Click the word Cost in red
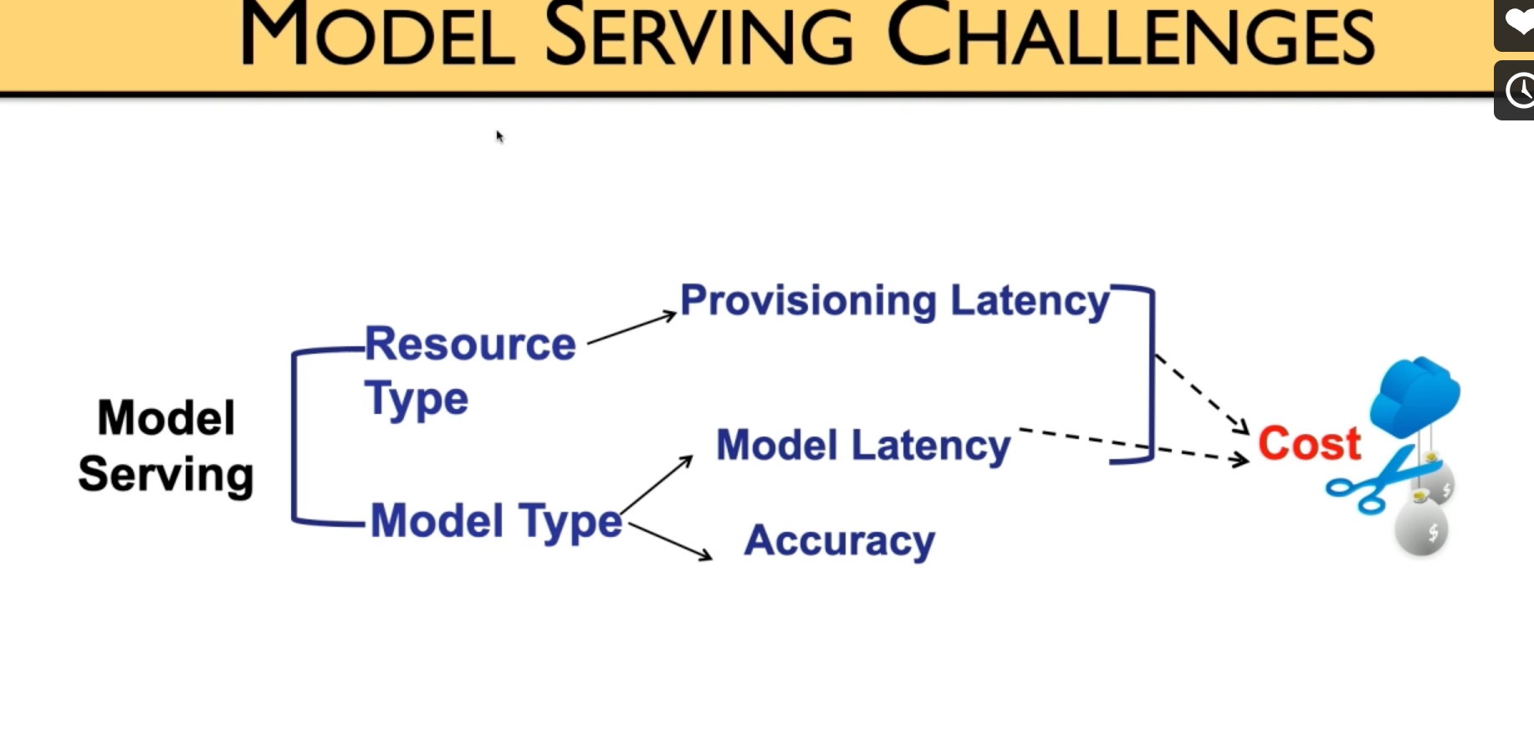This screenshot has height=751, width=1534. (x=1310, y=443)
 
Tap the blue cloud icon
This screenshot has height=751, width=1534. (x=1415, y=396)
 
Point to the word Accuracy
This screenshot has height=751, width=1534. (x=840, y=540)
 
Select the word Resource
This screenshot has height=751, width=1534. (x=470, y=344)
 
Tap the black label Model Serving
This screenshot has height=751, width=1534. (x=166, y=447)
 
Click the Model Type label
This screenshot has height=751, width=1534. (x=496, y=522)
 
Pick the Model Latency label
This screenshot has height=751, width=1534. (x=863, y=445)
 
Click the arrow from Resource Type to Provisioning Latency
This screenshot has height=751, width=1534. (x=631, y=328)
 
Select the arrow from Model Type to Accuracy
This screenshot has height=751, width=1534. (x=670, y=541)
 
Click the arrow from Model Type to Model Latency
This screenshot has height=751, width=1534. (x=657, y=484)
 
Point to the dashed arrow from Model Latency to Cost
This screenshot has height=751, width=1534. (x=1133, y=445)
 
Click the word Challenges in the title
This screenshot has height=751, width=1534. (x=1131, y=37)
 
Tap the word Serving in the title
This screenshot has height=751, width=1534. (x=699, y=37)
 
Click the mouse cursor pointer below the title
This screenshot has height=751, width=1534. (x=500, y=136)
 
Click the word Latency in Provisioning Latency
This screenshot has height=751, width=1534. (x=1030, y=301)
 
